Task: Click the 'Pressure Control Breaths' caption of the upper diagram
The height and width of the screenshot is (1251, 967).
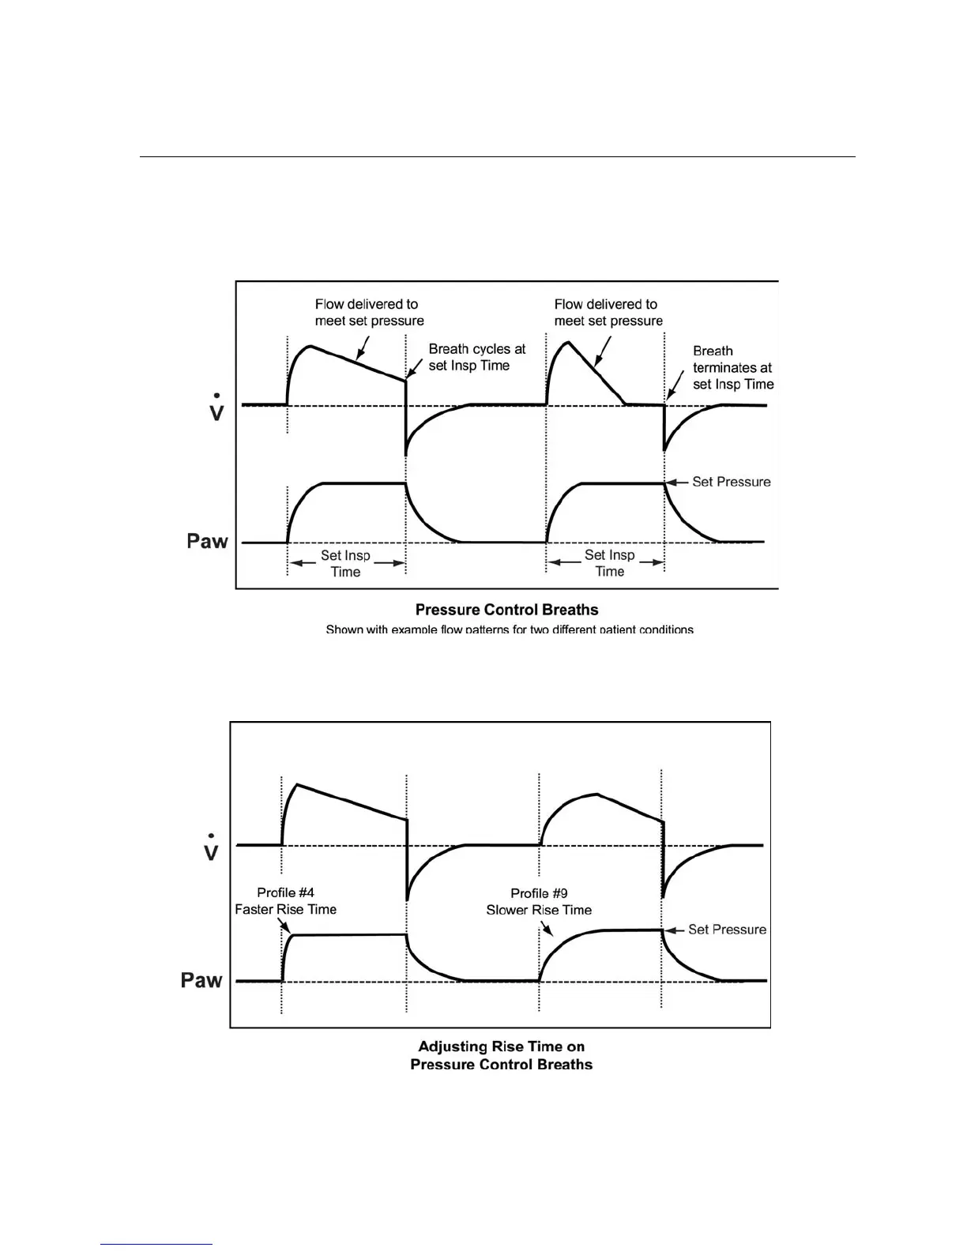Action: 506,610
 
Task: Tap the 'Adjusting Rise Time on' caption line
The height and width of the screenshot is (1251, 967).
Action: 501,1046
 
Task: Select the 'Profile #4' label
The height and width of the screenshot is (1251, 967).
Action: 285,892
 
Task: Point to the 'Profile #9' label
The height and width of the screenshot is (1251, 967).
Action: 539,893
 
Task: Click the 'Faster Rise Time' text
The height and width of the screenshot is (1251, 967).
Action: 285,910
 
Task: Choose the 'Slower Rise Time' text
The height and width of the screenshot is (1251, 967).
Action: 539,910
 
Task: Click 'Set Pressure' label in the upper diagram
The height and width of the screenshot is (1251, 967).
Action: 731,482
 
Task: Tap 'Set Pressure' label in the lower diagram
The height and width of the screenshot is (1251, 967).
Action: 727,930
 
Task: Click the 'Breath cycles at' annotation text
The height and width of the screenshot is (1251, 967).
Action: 476,349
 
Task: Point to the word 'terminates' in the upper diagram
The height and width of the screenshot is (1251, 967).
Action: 732,367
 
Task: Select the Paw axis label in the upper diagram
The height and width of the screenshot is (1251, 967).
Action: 207,541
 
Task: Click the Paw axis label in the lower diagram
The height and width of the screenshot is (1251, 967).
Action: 201,980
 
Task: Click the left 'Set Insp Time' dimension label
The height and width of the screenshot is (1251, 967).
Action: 345,564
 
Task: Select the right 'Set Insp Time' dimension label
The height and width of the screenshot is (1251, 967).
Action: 609,563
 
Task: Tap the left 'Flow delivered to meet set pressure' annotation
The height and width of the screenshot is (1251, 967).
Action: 369,313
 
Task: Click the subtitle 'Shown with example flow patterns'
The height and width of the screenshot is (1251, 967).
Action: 510,629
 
